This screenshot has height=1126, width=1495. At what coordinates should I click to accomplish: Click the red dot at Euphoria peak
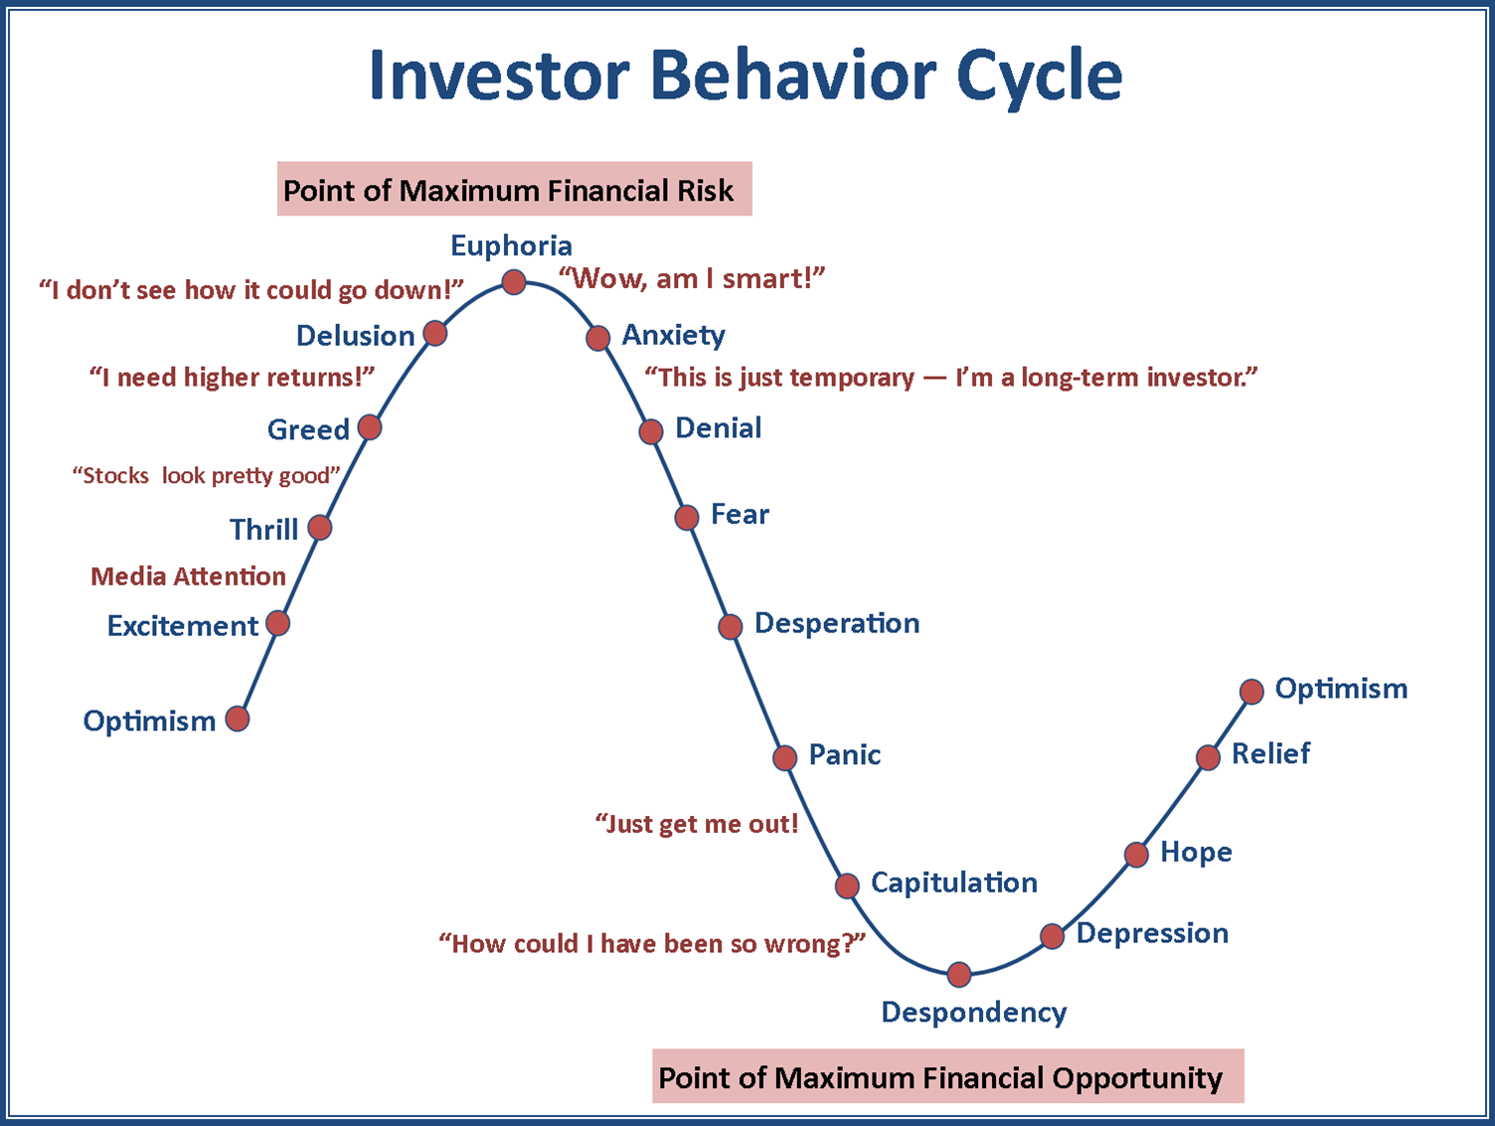[513, 282]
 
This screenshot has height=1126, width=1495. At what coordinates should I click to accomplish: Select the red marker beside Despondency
[958, 974]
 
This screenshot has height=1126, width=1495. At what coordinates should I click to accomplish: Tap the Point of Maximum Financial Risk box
[514, 190]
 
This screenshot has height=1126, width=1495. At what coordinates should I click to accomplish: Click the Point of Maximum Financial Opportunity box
[947, 1077]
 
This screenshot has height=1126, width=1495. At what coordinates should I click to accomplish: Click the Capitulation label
[953, 883]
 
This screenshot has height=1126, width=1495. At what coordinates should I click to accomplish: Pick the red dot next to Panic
[784, 757]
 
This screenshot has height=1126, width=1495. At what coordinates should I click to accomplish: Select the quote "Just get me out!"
[697, 824]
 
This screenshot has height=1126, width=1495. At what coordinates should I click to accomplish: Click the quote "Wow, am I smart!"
[692, 279]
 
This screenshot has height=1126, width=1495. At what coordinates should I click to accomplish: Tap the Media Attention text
[188, 576]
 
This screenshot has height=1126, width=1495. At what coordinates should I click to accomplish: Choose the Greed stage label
[308, 429]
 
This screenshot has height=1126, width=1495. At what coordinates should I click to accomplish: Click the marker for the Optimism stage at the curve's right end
[1251, 691]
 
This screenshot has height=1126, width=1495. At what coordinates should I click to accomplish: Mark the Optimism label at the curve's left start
[149, 721]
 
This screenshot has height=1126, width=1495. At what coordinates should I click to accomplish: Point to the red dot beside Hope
[1136, 854]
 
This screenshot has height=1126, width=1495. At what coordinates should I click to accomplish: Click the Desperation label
[837, 623]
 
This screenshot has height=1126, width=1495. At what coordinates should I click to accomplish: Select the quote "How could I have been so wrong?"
[652, 943]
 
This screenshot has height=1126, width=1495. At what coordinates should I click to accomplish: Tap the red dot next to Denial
[651, 431]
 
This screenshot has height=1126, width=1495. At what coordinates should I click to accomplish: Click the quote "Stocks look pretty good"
[207, 476]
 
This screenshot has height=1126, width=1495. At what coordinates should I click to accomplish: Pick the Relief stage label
[1270, 753]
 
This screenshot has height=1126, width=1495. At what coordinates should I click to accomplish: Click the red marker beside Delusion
[434, 333]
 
